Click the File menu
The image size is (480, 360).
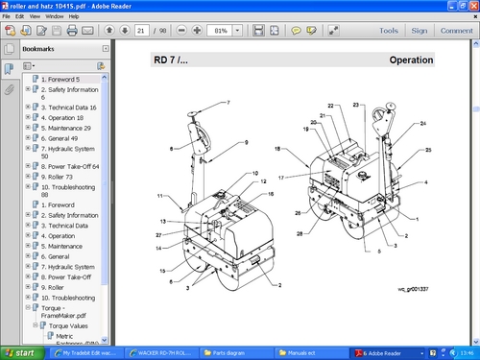point(8,17)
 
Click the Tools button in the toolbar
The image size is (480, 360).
point(389,31)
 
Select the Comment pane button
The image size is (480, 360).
point(455,31)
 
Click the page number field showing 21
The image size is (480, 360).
point(140,31)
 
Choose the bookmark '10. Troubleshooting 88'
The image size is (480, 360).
point(69,190)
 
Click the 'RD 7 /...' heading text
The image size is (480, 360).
point(172,60)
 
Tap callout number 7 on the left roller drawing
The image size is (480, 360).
point(228,102)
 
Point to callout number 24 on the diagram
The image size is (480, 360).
point(422,123)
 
